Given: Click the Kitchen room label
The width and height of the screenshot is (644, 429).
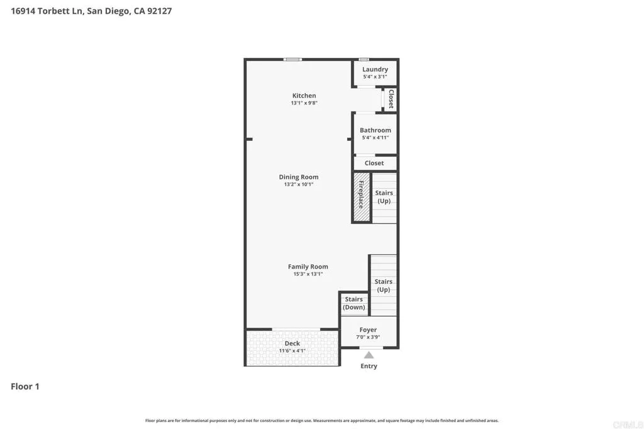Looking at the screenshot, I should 304,96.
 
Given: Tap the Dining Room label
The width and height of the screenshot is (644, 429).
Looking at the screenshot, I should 299,177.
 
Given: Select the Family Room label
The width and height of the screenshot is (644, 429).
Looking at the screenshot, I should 308,267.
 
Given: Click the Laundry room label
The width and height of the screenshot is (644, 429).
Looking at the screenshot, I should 375,69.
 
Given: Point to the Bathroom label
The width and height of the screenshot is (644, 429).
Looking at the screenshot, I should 375,130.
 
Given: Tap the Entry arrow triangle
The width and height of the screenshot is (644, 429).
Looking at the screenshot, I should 369,355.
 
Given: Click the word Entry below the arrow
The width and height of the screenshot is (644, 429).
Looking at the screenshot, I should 369,366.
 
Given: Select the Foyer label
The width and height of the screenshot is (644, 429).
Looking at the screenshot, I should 368,330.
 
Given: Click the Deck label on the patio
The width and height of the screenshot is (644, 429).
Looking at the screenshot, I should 292,343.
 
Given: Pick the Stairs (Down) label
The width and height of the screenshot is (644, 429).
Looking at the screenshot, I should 354,303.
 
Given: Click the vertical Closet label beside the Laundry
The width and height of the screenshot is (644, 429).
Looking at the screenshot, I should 391,99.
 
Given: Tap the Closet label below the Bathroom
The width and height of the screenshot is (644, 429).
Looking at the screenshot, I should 374,163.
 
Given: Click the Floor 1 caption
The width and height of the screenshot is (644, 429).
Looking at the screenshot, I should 25,386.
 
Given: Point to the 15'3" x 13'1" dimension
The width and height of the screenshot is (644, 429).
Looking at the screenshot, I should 308,274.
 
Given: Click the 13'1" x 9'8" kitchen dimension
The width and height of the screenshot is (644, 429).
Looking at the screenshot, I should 304,103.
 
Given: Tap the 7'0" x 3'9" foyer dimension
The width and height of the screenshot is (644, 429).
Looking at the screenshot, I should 368,337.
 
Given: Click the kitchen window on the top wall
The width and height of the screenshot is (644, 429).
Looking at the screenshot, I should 292,59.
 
